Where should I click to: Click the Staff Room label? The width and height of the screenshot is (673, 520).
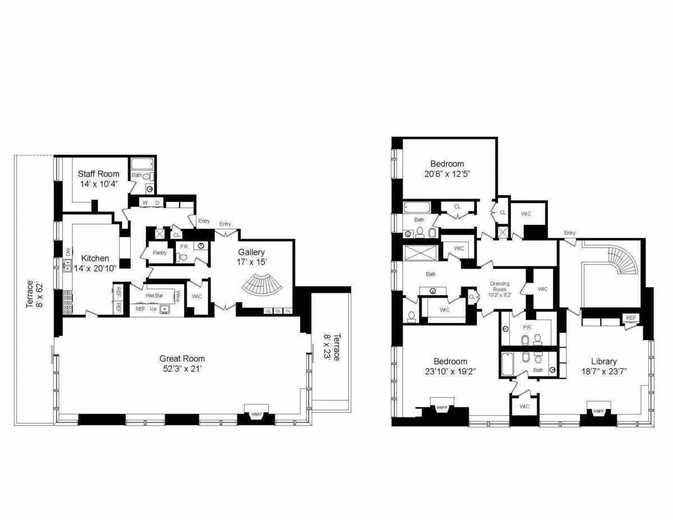(98, 174)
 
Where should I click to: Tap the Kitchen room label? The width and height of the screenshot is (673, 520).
(95, 258)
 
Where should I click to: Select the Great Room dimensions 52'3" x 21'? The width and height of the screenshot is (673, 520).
(182, 369)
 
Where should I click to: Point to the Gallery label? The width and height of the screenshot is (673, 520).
(251, 252)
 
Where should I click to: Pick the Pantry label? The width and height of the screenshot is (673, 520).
(159, 253)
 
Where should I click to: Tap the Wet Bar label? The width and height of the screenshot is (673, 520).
(154, 295)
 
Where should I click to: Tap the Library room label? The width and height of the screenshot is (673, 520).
(603, 361)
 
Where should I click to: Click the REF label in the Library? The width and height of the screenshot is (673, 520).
(631, 318)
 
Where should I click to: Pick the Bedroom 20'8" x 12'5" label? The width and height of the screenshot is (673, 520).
(446, 168)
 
